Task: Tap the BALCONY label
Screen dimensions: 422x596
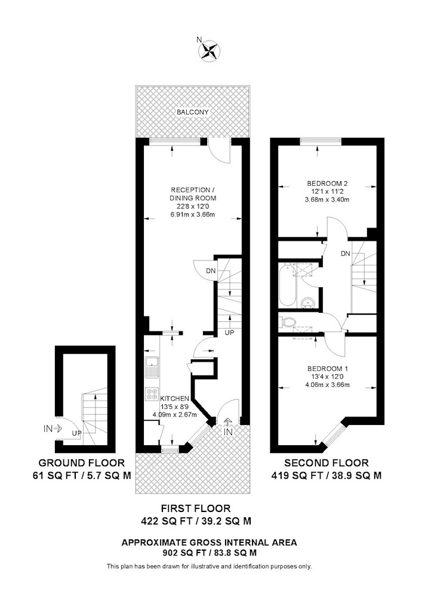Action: click(193, 112)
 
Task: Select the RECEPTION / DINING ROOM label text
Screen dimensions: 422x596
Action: click(193, 194)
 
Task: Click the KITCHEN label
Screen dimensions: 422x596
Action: click(175, 399)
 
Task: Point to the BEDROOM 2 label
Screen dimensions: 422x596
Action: click(327, 184)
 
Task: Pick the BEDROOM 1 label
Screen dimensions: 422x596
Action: click(328, 369)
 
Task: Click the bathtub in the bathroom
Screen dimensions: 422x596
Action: click(287, 285)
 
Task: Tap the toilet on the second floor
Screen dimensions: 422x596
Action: click(288, 322)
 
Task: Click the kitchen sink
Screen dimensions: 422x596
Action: click(152, 367)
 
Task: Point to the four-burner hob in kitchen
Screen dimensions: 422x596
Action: click(152, 394)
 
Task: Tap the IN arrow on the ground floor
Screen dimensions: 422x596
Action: click(58, 429)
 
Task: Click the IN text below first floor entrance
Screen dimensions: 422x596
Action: click(228, 432)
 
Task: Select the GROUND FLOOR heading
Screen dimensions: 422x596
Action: click(81, 463)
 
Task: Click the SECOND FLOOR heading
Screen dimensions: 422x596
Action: click(326, 463)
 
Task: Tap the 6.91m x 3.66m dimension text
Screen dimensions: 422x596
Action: click(193, 215)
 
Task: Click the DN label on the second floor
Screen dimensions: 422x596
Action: click(345, 253)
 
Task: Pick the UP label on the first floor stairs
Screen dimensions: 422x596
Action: click(229, 333)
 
